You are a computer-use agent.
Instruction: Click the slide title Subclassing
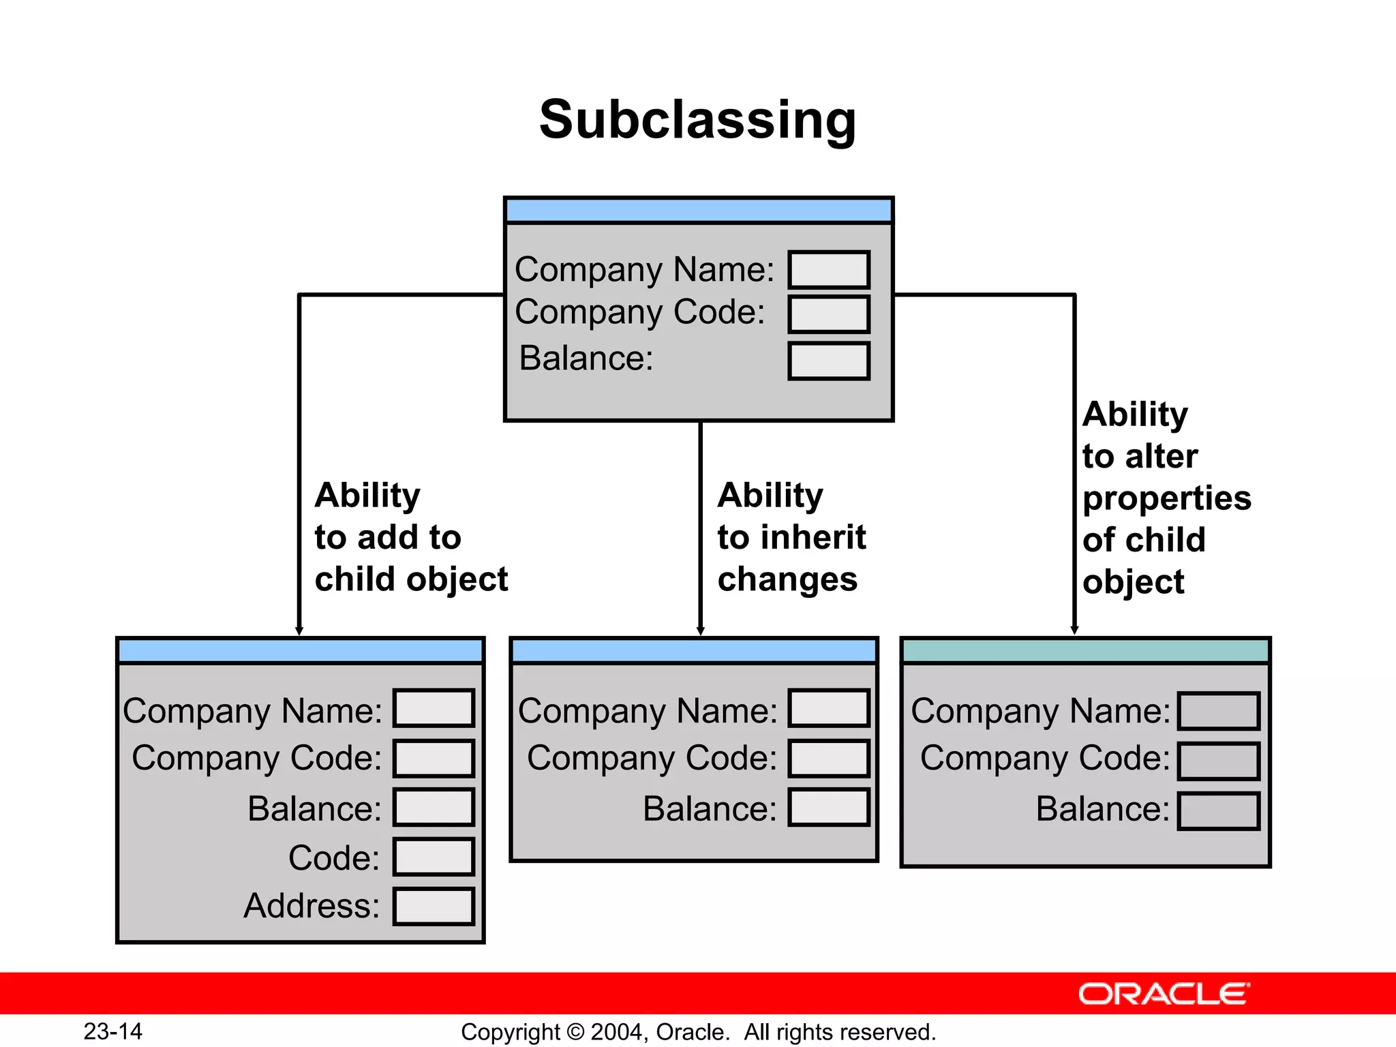(x=697, y=120)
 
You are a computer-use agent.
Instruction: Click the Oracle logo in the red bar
(x=1164, y=994)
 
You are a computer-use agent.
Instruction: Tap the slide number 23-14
(x=112, y=1031)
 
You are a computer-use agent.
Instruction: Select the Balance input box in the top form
(x=829, y=361)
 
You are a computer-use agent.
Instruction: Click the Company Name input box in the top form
(x=829, y=270)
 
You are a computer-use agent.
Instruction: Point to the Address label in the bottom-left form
(x=312, y=906)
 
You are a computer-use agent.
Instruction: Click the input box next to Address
(x=434, y=907)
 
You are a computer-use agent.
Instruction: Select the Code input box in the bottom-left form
(x=434, y=857)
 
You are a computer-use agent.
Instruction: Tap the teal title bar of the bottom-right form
(x=1085, y=651)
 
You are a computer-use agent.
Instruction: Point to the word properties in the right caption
(x=1167, y=498)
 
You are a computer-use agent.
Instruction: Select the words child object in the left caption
(x=411, y=579)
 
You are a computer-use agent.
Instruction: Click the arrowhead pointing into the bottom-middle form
(x=700, y=631)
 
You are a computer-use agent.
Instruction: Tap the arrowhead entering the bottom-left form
(x=299, y=631)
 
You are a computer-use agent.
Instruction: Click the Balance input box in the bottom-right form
(x=1218, y=811)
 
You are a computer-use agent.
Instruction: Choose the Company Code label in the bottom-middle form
(x=652, y=758)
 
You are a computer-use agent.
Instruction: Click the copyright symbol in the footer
(x=575, y=1032)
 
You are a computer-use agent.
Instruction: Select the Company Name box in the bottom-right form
(x=1218, y=711)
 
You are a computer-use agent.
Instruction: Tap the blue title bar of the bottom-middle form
(x=694, y=651)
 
